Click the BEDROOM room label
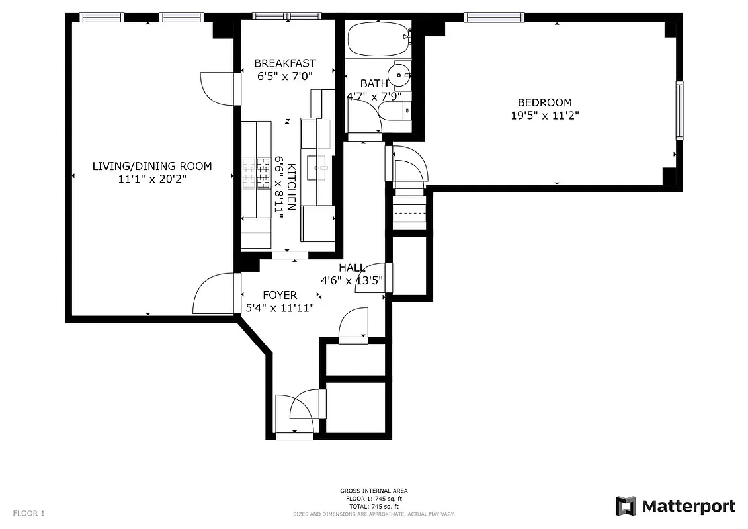[544, 102]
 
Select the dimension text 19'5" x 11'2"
[544, 116]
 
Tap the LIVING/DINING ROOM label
[152, 166]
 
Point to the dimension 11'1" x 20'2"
[152, 179]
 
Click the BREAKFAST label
[285, 63]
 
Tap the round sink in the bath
[399, 75]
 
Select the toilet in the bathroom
[399, 114]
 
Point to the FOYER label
[280, 295]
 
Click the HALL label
[352, 268]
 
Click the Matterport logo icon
[626, 507]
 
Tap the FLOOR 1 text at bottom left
[29, 513]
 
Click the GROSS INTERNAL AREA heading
[374, 491]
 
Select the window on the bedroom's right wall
[679, 110]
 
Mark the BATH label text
[374, 84]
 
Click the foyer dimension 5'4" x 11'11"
[280, 307]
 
